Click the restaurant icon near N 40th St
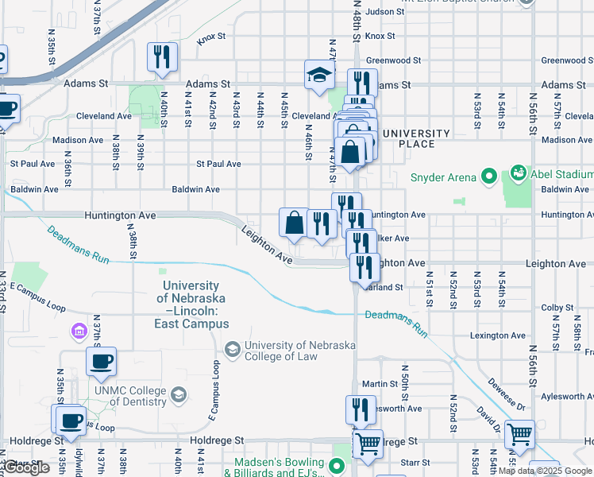(x=162, y=57)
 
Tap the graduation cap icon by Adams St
(x=319, y=75)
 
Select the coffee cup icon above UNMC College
(x=101, y=363)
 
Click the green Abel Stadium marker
(x=519, y=173)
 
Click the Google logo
(x=26, y=468)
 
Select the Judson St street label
(x=386, y=12)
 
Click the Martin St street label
(x=380, y=384)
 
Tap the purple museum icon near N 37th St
(x=79, y=330)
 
